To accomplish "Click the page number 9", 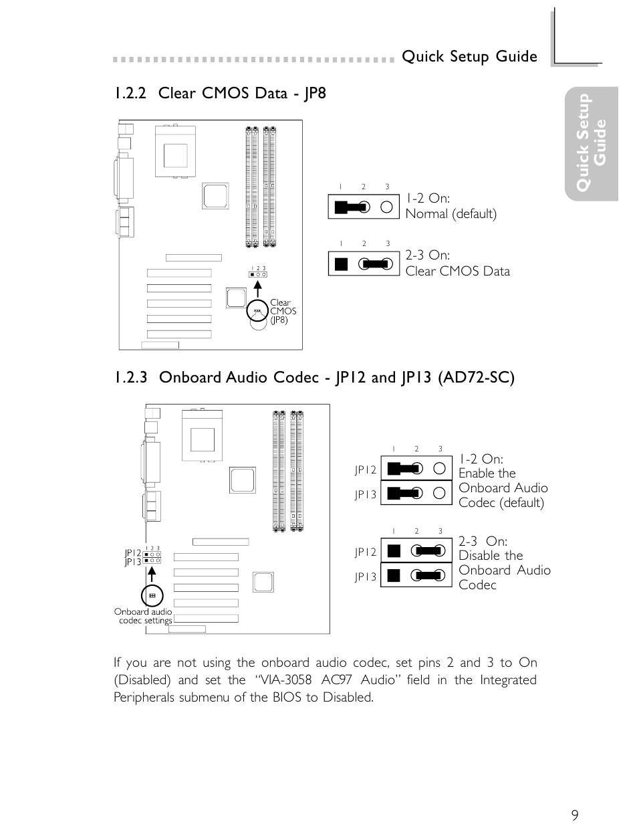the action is pyautogui.click(x=575, y=815).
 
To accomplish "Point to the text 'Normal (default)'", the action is pyautogui.click(x=451, y=214).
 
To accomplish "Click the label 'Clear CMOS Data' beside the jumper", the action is pyautogui.click(x=457, y=271).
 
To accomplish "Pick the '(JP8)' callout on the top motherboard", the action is pyautogui.click(x=279, y=320).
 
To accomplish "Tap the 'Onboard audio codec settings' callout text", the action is pyautogui.click(x=144, y=616).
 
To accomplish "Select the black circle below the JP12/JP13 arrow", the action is pyautogui.click(x=152, y=595).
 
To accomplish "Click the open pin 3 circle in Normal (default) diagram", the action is pyautogui.click(x=386, y=207).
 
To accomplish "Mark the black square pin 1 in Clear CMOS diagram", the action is pyautogui.click(x=342, y=264).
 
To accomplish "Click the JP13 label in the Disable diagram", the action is pyautogui.click(x=366, y=577).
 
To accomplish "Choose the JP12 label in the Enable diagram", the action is pyautogui.click(x=366, y=470).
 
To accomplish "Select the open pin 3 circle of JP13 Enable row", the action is pyautogui.click(x=439, y=493).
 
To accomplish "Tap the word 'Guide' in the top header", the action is pyautogui.click(x=516, y=57).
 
